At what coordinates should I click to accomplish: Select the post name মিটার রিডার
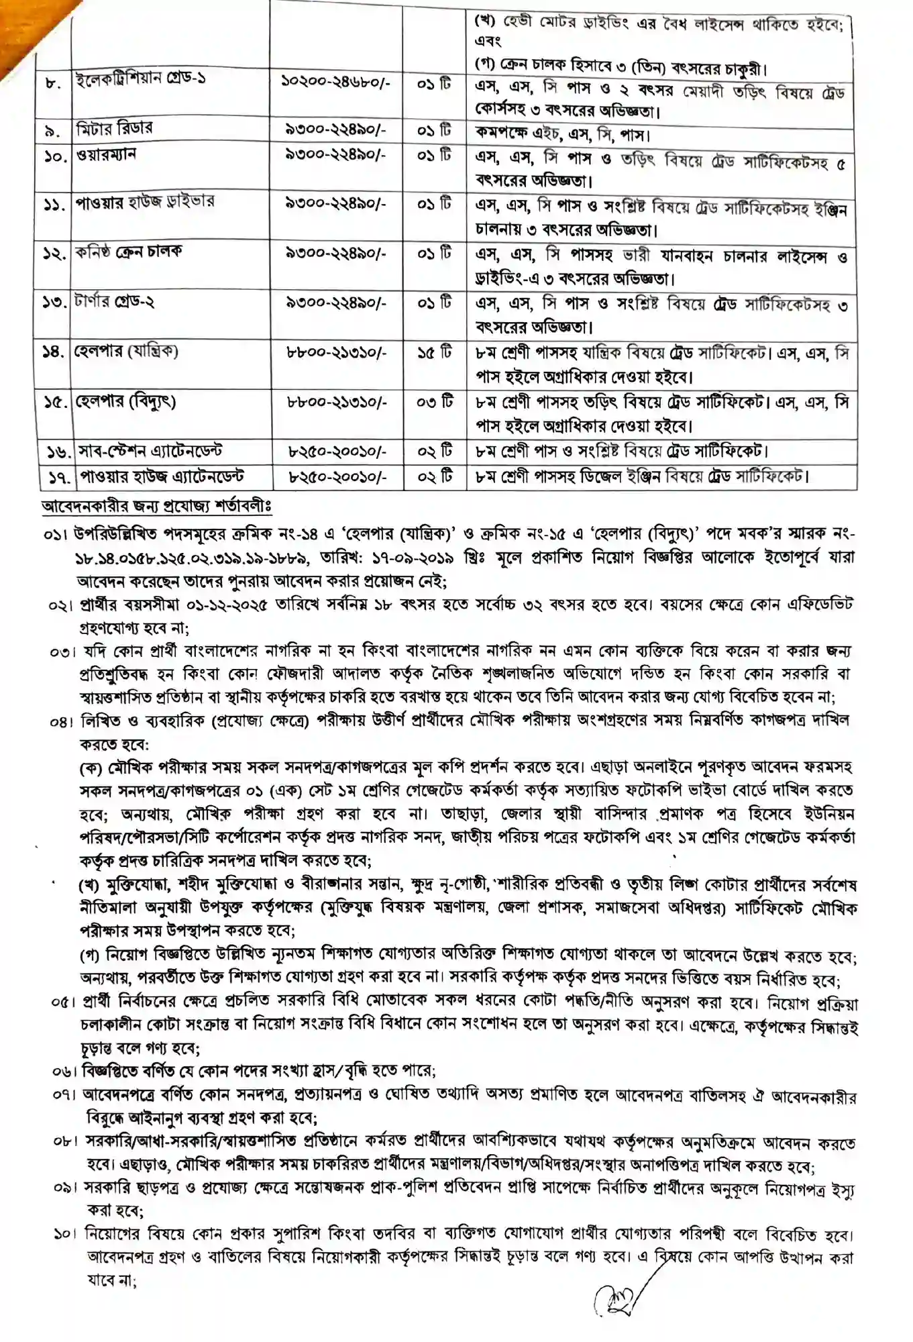tap(114, 128)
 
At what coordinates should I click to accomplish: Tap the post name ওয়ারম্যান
tap(107, 154)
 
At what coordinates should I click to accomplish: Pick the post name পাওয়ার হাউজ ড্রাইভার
tap(144, 202)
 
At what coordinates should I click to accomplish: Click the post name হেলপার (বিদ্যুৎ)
tap(125, 401)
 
